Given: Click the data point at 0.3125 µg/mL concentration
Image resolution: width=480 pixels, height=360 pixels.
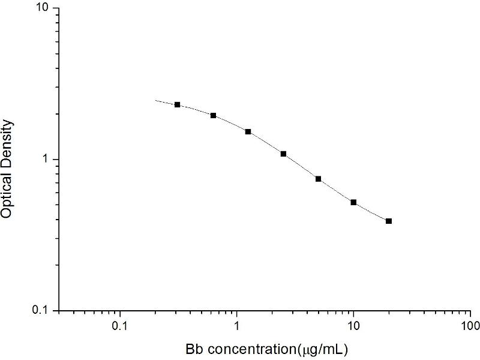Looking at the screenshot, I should (178, 104).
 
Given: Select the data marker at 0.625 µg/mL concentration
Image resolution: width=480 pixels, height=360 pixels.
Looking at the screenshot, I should (213, 115).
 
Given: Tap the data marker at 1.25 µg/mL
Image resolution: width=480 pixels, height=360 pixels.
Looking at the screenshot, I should (248, 131).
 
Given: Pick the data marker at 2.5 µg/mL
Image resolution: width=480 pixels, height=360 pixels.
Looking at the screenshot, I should (283, 154).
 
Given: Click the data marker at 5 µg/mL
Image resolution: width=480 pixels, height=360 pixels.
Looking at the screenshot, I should (319, 179).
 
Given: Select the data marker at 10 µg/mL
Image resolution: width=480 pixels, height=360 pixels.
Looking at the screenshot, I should (353, 202).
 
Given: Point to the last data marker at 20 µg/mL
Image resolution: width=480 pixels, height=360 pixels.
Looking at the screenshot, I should (389, 221).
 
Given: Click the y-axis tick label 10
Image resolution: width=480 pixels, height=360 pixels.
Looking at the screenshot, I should (44, 8).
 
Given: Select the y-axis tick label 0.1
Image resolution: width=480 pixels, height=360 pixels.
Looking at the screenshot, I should (43, 311).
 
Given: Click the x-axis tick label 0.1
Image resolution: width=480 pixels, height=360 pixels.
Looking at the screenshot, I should (120, 328).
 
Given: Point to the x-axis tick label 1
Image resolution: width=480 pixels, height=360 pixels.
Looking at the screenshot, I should (237, 328).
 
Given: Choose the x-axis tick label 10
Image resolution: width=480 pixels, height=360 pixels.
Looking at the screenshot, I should (353, 328).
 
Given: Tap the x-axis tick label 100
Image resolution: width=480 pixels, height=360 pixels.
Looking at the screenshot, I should (470, 328).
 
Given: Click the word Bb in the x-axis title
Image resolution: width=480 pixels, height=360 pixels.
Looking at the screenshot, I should (193, 348).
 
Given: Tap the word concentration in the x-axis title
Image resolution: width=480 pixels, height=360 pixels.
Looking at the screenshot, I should (245, 348).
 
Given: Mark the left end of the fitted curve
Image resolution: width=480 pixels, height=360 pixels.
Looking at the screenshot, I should (155, 100).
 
